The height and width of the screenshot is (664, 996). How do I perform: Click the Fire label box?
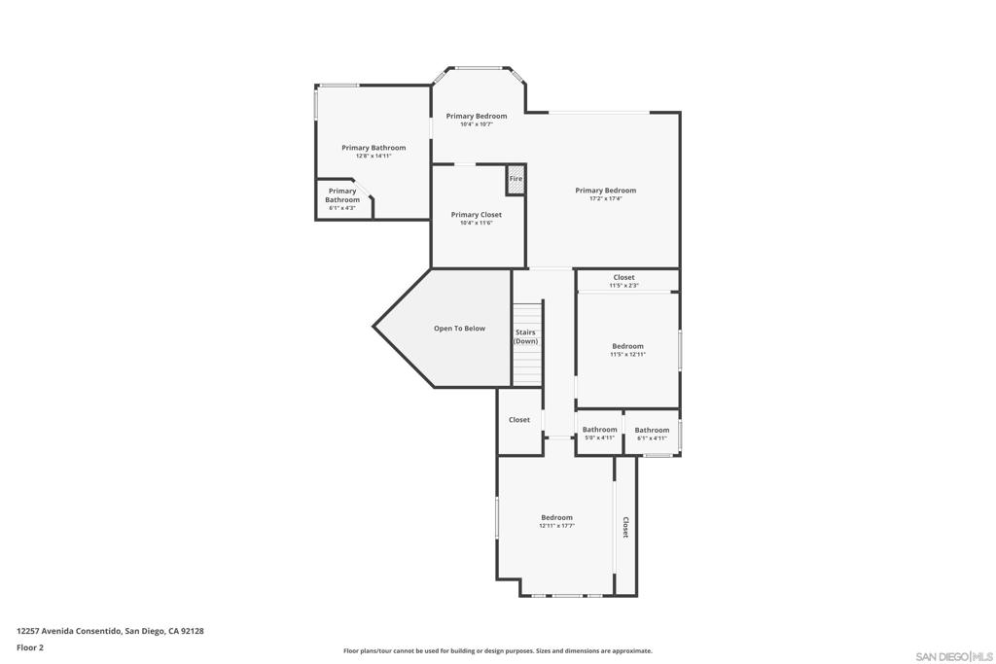click(x=516, y=179)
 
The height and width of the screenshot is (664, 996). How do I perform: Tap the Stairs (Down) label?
click(x=526, y=337)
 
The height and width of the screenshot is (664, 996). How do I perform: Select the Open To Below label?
click(x=459, y=329)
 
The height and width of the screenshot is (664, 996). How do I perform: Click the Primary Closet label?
click(x=477, y=215)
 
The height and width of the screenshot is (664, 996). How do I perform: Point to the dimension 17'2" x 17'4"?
click(x=605, y=199)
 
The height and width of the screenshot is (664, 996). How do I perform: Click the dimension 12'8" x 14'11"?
click(x=373, y=157)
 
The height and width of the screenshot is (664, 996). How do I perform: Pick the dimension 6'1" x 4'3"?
click(x=342, y=208)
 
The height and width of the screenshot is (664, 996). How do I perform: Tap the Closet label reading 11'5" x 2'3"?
click(x=623, y=278)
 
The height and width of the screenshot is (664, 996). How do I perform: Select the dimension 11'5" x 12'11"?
click(x=627, y=355)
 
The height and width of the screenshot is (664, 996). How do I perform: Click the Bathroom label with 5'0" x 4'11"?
click(x=599, y=430)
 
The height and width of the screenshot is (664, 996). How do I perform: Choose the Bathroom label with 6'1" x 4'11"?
click(x=652, y=430)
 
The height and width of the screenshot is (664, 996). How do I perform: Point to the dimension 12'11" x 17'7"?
click(x=556, y=526)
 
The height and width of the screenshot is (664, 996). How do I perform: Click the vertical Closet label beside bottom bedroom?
click(x=625, y=527)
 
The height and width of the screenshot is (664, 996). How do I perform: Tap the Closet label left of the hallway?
click(x=519, y=420)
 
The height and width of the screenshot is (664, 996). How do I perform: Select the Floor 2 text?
click(x=30, y=647)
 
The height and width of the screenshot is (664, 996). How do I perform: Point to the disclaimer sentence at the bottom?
click(x=497, y=651)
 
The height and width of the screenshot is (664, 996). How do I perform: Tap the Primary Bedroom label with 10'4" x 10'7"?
click(x=477, y=116)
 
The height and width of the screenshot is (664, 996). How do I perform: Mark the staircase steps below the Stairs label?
click(x=526, y=366)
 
